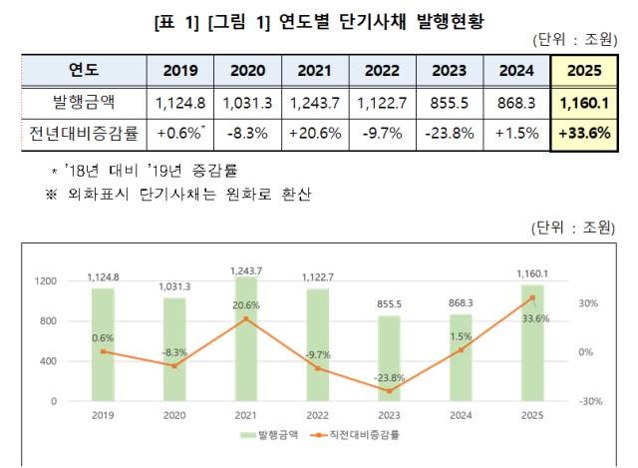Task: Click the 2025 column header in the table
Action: pyautogui.click(x=583, y=72)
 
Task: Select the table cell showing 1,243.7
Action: pyautogui.click(x=314, y=103)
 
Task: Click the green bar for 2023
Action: pyautogui.click(x=390, y=358)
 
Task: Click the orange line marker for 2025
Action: pyautogui.click(x=531, y=297)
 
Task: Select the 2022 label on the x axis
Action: pyautogui.click(x=319, y=414)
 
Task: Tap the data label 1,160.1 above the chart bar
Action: pyautogui.click(x=531, y=272)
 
